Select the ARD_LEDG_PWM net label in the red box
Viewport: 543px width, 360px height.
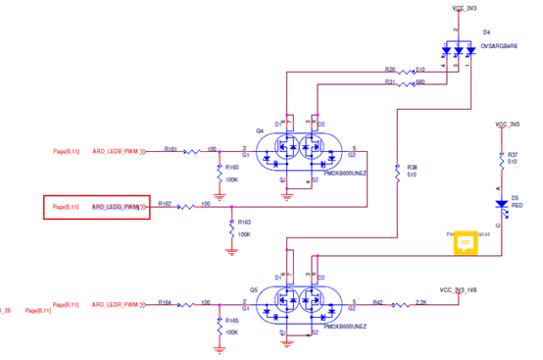(x=116, y=207)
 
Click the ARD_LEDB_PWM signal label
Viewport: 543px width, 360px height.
(x=116, y=151)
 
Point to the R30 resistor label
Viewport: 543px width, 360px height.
(x=389, y=71)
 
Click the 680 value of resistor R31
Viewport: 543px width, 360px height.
(x=420, y=83)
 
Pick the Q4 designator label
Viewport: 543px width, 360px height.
(x=260, y=130)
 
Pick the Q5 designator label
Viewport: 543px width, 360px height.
(x=253, y=290)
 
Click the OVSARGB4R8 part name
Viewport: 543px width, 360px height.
(x=500, y=46)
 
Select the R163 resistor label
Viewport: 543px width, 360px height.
(x=244, y=223)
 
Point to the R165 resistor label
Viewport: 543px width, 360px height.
(x=231, y=321)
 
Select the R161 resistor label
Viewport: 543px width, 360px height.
(x=170, y=149)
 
